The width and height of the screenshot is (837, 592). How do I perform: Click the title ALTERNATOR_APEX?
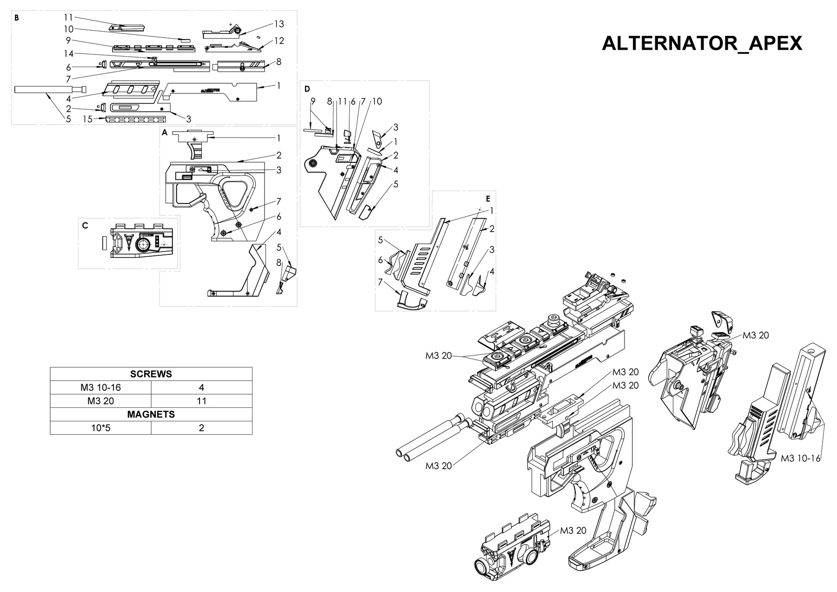702,43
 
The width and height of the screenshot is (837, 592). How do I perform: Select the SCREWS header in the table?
151,374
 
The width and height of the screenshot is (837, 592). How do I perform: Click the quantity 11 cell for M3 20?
201,401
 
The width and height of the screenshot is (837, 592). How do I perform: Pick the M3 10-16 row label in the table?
100,387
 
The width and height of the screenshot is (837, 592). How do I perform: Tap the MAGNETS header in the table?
151,414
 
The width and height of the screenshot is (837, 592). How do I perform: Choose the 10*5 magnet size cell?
100,428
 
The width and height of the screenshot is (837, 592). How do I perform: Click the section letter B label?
17,18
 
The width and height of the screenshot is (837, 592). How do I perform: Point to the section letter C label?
85,226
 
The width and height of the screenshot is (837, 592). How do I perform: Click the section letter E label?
488,199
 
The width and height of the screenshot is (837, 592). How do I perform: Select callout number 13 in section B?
279,24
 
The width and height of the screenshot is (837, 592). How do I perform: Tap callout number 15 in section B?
87,120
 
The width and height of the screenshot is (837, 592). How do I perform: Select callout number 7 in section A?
279,201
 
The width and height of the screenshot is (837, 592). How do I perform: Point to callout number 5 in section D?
396,184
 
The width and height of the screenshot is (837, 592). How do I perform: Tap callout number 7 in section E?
380,282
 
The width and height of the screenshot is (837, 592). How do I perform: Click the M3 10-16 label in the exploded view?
800,459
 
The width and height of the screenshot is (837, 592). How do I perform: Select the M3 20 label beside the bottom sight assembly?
573,531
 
